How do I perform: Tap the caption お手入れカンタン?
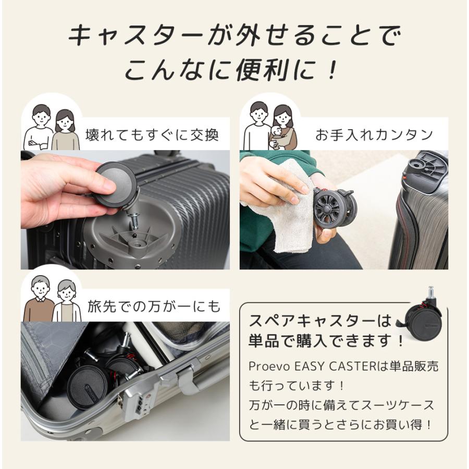pyautogui.click(x=374, y=134)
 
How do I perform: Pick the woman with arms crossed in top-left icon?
pyautogui.click(x=65, y=130)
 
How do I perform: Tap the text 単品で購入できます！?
pyautogui.click(x=326, y=341)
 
